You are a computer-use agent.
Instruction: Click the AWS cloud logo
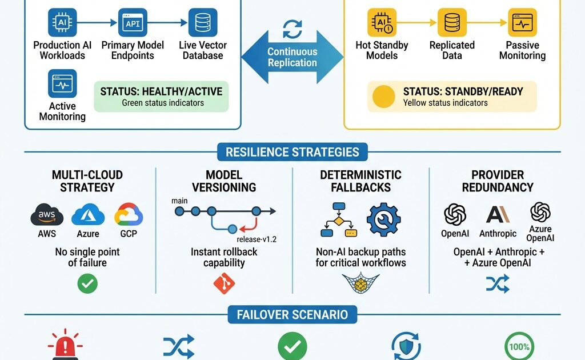[x=47, y=216]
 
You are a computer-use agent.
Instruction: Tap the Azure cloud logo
[x=88, y=215]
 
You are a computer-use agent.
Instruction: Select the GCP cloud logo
[x=129, y=215]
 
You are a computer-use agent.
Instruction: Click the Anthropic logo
[x=497, y=215]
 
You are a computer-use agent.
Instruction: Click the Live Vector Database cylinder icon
[x=203, y=23]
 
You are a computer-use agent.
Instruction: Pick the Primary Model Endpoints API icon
[x=133, y=23]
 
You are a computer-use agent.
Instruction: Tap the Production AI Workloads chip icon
[x=62, y=23]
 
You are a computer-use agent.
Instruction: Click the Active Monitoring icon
[x=62, y=83]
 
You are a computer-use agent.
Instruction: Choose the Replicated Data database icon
[x=452, y=23]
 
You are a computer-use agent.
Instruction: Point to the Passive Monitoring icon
[x=522, y=23]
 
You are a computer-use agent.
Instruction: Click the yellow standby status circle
[x=383, y=97]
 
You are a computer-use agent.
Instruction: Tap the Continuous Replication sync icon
[x=292, y=29]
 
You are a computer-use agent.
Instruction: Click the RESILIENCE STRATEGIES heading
[x=292, y=152]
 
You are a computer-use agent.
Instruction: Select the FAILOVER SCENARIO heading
[x=292, y=314]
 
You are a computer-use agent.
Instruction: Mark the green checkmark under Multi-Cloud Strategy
[x=87, y=283]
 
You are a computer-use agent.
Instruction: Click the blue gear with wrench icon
[x=383, y=219]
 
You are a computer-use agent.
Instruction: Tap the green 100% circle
[x=519, y=346]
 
